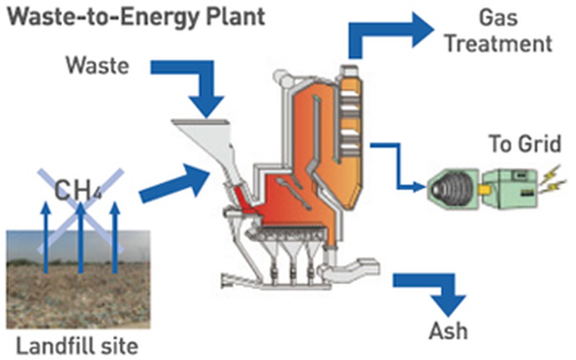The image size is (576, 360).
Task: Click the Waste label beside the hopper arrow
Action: click(x=98, y=65)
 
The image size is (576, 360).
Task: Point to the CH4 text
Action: click(x=78, y=191)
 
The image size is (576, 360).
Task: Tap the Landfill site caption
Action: click(x=77, y=346)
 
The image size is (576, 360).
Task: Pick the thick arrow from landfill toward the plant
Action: click(x=175, y=184)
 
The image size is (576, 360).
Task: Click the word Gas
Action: click(x=498, y=17)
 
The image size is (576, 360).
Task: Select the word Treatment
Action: click(x=499, y=44)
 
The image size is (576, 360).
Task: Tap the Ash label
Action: click(x=448, y=331)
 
